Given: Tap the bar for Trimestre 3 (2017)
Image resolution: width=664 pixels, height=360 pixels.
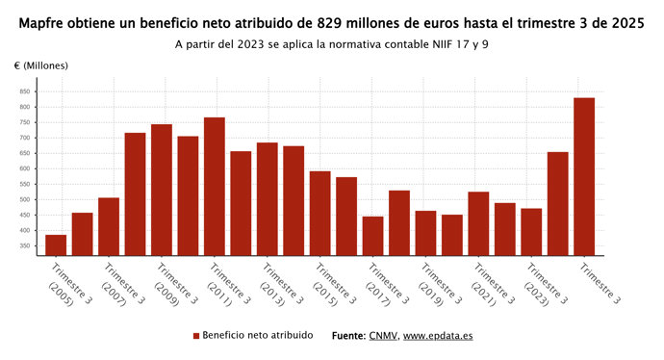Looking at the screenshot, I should [x=372, y=236].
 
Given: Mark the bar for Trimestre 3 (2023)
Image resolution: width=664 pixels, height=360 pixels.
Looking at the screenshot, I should [x=531, y=231].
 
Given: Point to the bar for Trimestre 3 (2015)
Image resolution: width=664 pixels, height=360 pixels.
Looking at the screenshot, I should [x=319, y=213].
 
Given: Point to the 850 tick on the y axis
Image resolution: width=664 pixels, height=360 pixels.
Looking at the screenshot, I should [x=24, y=91].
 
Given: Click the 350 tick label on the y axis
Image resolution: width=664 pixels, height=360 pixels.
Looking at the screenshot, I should [x=24, y=246].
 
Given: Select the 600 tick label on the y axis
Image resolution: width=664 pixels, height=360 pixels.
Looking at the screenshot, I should [x=24, y=169].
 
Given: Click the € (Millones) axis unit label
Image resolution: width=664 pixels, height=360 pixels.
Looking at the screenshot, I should [x=41, y=64].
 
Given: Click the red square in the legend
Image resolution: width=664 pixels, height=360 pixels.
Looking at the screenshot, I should [x=196, y=336].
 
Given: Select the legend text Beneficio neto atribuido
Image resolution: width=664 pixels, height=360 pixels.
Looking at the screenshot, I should [x=257, y=336].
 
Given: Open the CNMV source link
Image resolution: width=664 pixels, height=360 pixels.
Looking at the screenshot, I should [x=382, y=336].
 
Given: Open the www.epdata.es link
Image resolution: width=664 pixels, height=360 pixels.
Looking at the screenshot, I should [x=438, y=336].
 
